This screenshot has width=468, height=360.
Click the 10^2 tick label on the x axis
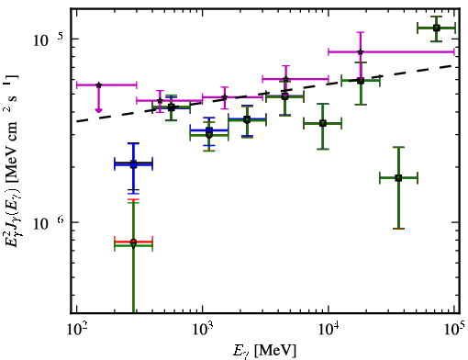pos(76,330)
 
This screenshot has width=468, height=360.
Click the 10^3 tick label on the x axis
pos(203,330)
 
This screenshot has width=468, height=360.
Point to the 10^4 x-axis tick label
pos(329,330)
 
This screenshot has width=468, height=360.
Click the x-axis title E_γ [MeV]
pos(264,351)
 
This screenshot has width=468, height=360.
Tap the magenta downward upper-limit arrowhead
pos(98,110)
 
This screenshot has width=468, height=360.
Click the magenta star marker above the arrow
pos(98,84)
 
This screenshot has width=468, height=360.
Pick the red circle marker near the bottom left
pos(133,242)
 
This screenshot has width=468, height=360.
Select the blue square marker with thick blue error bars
pos(133,165)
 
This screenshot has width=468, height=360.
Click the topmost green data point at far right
pos(437,28)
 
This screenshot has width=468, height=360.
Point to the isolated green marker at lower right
pos(398,178)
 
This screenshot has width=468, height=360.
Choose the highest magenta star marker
pos(361,51)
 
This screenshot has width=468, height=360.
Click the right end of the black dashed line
pos(453,65)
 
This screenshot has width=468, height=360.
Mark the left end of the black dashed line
pos(77,121)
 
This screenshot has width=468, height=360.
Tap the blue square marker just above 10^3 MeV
pos(209,130)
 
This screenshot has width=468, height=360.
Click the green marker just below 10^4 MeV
pos(322,123)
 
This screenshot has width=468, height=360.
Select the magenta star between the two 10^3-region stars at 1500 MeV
pos(225,97)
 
